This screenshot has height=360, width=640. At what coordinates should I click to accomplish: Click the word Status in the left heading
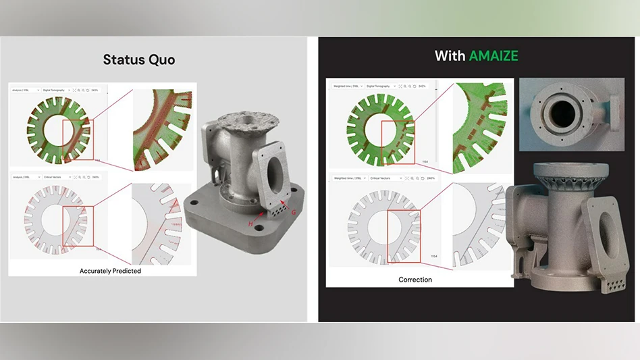pyautogui.click(x=122, y=59)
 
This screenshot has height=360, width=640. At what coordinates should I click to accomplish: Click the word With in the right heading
pyautogui.click(x=449, y=55)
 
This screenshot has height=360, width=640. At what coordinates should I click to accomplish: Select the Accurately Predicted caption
pyautogui.click(x=110, y=271)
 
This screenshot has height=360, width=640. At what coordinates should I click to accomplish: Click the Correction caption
pyautogui.click(x=415, y=280)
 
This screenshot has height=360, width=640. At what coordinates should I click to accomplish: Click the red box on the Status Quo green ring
pyautogui.click(x=78, y=140)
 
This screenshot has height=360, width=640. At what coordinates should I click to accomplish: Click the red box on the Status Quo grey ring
pyautogui.click(x=78, y=227)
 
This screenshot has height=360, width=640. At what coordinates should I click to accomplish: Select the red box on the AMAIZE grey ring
pyautogui.click(x=404, y=236)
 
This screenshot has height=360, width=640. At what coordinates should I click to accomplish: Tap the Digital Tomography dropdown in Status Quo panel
pyautogui.click(x=55, y=90)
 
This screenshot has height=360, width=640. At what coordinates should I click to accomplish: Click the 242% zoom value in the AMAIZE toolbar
pyautogui.click(x=421, y=86)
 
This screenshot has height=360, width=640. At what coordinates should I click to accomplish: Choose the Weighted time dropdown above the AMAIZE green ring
pyautogui.click(x=346, y=86)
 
